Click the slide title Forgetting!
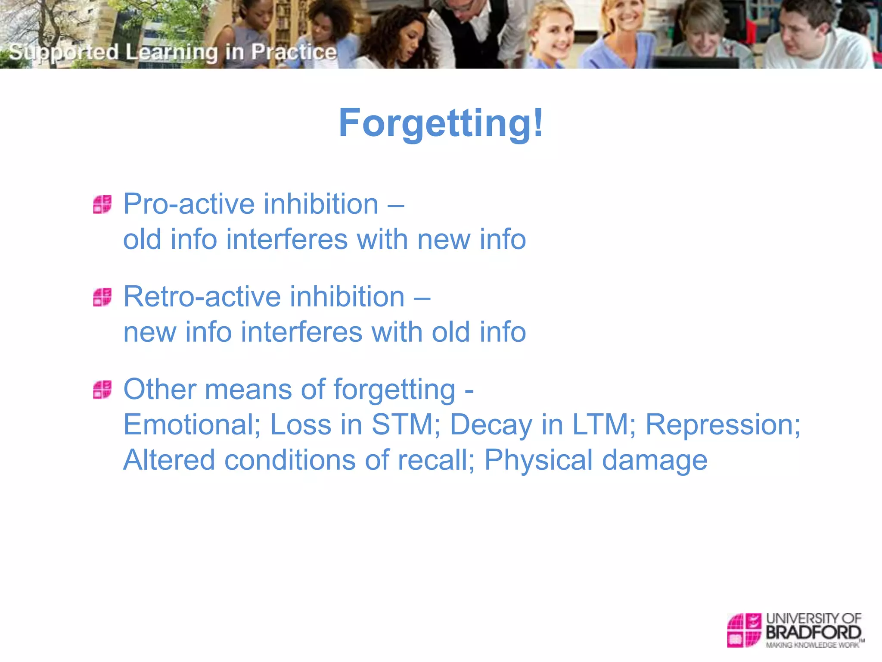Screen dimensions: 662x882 (x=441, y=123)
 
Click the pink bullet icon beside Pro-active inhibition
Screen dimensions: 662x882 (x=102, y=204)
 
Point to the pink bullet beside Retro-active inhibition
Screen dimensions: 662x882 (x=102, y=297)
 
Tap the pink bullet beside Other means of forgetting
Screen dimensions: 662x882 (x=102, y=390)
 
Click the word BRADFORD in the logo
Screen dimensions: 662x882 (x=813, y=633)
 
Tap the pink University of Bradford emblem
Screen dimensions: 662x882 (x=744, y=630)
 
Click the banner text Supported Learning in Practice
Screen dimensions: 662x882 (x=172, y=52)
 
